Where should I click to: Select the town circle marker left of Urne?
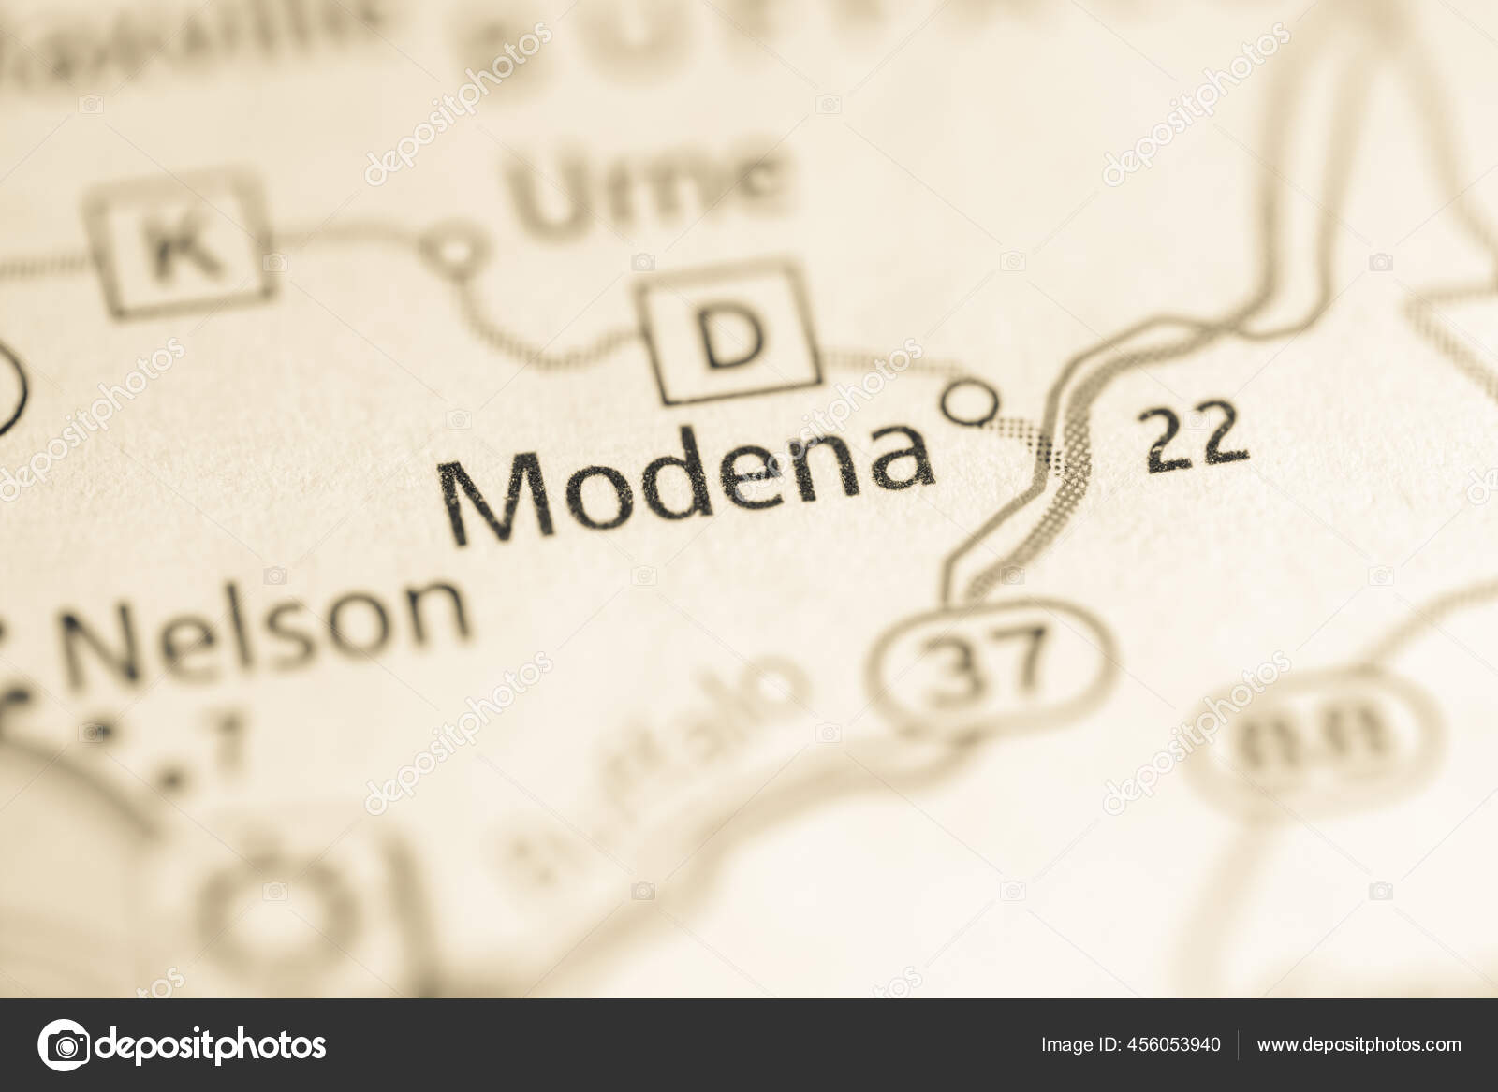pyautogui.click(x=455, y=251)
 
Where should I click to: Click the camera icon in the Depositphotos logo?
pyautogui.click(x=63, y=1044)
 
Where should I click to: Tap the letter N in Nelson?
pyautogui.click(x=102, y=646)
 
